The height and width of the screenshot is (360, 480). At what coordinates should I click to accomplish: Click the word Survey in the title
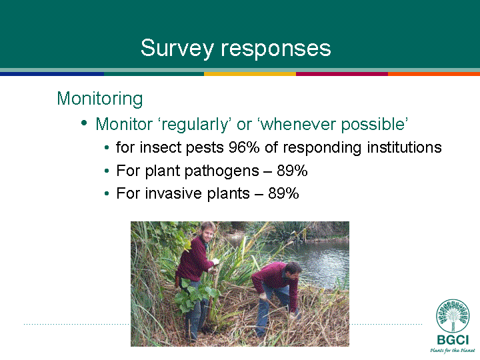pos(177,49)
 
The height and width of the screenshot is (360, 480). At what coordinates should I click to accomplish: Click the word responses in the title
pos(276,49)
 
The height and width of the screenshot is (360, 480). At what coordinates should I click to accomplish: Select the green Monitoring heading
pos(100,99)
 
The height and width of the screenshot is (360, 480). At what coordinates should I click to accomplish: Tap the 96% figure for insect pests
pos(244,147)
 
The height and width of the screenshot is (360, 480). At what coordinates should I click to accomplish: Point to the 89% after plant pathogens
pos(292,171)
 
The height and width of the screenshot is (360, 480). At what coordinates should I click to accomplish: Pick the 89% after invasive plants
pos(283,193)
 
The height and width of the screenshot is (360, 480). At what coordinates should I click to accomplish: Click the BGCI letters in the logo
pos(453,340)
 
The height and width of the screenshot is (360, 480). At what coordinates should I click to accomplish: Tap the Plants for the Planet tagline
pos(453,350)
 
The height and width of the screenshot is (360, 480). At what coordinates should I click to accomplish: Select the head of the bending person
pos(293,270)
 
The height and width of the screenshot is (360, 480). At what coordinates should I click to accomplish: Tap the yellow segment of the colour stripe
pos(250,74)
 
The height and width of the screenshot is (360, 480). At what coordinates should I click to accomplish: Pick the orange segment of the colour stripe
pos(434,74)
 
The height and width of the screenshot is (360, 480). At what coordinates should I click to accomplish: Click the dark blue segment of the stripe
pos(52,74)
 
